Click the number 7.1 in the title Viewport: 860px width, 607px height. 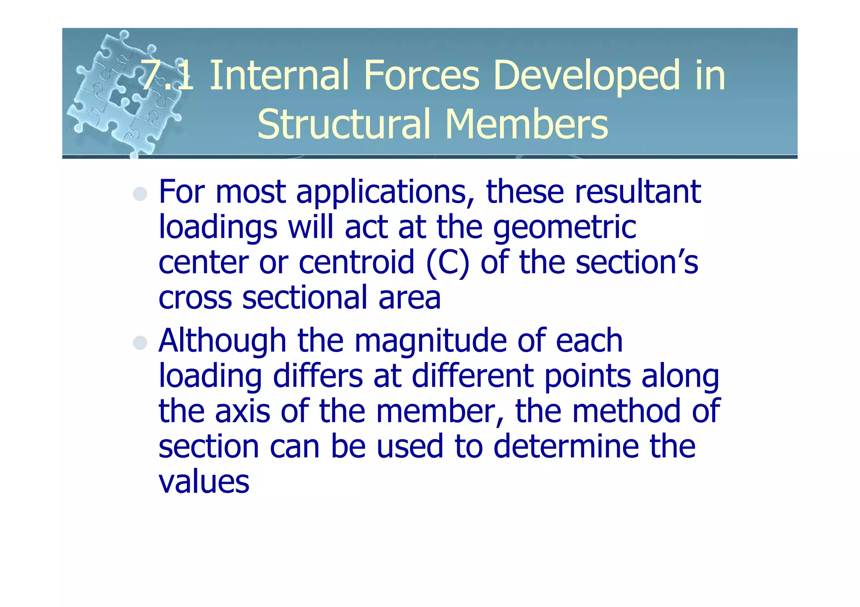[x=167, y=76]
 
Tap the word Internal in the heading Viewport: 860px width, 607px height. [x=279, y=76]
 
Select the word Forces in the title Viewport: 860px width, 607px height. [x=421, y=76]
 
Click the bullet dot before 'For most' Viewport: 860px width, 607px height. [x=140, y=194]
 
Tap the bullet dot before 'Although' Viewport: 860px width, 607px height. [x=140, y=343]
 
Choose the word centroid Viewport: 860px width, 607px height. [x=357, y=262]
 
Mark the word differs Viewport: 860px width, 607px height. [x=317, y=376]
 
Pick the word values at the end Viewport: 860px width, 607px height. [x=204, y=482]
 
